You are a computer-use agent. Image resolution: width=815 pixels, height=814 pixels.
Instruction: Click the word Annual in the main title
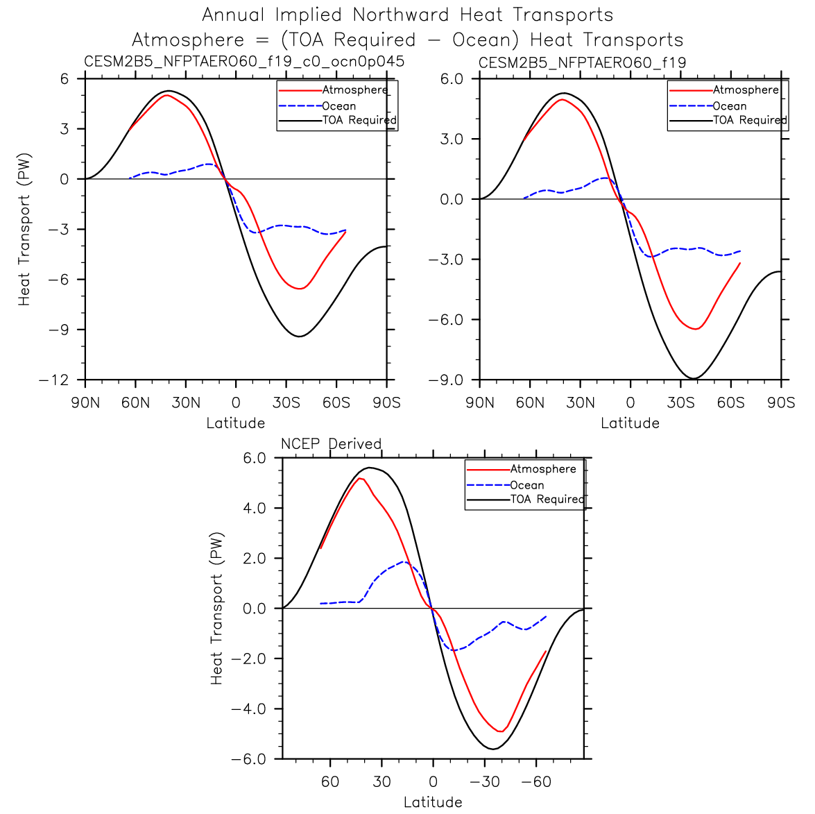point(234,15)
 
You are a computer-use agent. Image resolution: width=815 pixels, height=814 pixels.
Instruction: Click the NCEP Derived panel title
point(331,443)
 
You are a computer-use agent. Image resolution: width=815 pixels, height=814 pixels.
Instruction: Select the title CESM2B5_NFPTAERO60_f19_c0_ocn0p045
point(244,62)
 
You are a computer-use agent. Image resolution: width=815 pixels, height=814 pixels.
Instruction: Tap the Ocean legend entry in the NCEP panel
point(526,485)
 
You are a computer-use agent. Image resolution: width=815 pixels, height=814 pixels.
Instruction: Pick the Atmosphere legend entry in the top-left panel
point(354,90)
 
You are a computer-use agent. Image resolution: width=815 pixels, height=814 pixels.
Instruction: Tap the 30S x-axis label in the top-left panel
point(286,403)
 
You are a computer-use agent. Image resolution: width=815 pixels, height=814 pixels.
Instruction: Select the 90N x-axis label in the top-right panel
point(479,403)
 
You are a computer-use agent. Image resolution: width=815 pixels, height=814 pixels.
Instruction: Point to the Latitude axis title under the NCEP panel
point(433,802)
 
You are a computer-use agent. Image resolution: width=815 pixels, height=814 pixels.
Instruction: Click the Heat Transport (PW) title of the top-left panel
point(24,229)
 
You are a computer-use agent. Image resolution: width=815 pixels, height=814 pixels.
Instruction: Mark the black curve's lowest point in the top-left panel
point(299,337)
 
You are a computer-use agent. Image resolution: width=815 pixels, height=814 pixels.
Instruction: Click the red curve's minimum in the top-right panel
point(695,329)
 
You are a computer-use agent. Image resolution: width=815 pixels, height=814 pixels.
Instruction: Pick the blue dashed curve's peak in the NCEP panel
point(404,561)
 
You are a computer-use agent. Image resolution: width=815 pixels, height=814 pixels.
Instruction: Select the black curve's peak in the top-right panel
point(563,93)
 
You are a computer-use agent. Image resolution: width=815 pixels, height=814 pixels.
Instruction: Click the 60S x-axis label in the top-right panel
point(730,403)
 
